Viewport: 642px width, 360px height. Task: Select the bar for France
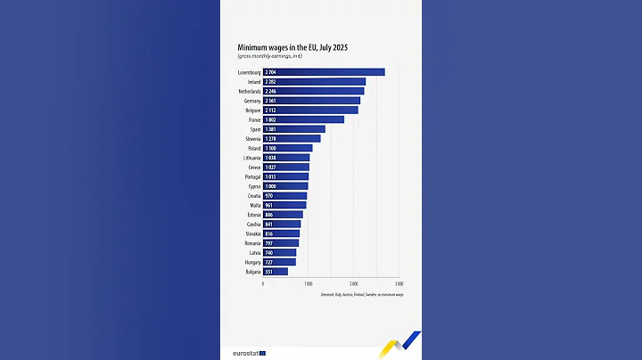click(x=303, y=119)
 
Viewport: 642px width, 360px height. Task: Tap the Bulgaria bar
click(x=276, y=271)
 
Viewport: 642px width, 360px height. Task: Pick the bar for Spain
click(x=294, y=129)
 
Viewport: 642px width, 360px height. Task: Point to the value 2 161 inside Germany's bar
click(x=270, y=101)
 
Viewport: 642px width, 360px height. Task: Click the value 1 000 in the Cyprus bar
click(x=270, y=186)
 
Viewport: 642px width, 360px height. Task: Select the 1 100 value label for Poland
click(x=270, y=148)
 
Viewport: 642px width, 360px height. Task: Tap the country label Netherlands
click(x=248, y=91)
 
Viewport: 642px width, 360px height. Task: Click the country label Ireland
click(x=253, y=81)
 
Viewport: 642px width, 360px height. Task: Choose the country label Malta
click(x=254, y=205)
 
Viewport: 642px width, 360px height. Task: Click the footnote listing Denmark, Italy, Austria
click(x=362, y=293)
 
